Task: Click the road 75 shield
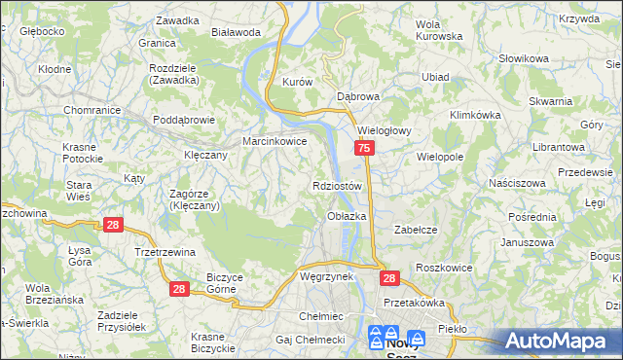[364, 148]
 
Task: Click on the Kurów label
[296, 83]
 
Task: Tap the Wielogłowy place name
[386, 129]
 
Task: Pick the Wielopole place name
[439, 156]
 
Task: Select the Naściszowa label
[518, 182]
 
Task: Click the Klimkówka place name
[475, 114]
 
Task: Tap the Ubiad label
[434, 77]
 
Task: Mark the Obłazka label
[347, 215]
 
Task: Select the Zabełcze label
[413, 230]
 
